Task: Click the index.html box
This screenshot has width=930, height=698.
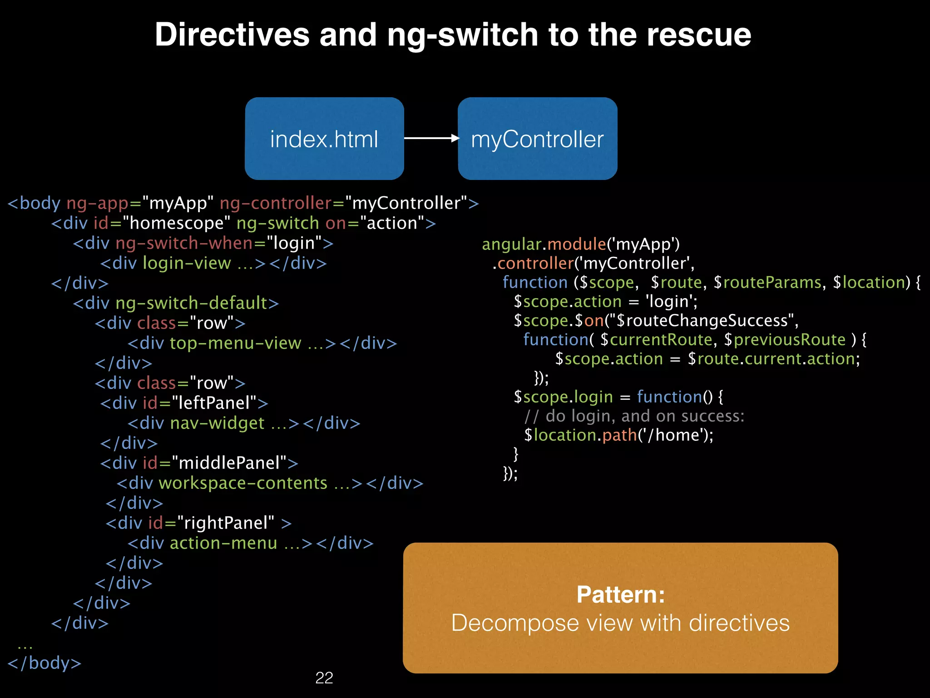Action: coord(324,139)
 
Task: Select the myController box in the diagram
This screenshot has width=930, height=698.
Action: coord(537,139)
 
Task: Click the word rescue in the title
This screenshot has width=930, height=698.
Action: coord(699,35)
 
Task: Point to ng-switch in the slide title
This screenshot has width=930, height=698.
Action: coord(462,35)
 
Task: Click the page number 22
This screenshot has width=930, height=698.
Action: coord(324,678)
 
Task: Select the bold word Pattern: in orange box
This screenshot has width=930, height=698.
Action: coord(620,594)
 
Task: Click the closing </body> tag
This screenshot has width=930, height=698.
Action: coord(45,663)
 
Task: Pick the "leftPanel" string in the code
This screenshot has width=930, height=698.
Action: coord(214,403)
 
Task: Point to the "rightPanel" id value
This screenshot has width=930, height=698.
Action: coord(226,523)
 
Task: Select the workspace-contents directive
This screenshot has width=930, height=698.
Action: coord(243,483)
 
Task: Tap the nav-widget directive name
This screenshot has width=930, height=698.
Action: coord(217,423)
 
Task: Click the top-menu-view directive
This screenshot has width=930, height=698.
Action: coord(235,343)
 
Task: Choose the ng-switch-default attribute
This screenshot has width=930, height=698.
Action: coord(191,303)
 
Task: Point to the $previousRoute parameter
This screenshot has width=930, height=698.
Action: coord(785,340)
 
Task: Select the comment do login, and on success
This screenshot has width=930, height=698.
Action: coord(634,416)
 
